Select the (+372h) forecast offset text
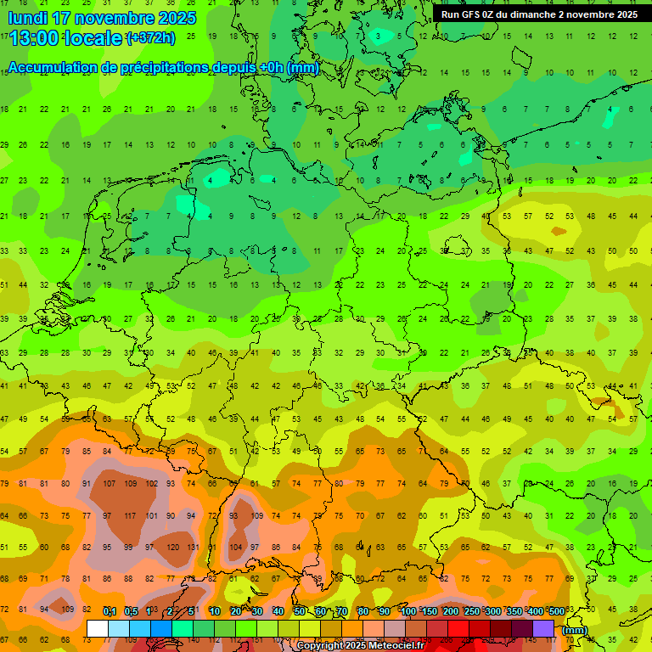click(x=151, y=38)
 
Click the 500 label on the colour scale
click(x=556, y=612)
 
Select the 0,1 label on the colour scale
click(x=110, y=612)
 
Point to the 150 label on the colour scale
click(x=430, y=612)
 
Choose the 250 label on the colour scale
click(x=472, y=612)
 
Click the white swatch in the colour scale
click(x=98, y=629)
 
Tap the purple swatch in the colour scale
click(x=543, y=629)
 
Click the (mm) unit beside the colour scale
click(x=576, y=630)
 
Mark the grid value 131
click(x=194, y=548)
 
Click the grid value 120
click(x=172, y=548)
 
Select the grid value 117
click(x=130, y=515)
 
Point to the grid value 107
click(x=109, y=483)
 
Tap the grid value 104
click(x=236, y=548)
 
